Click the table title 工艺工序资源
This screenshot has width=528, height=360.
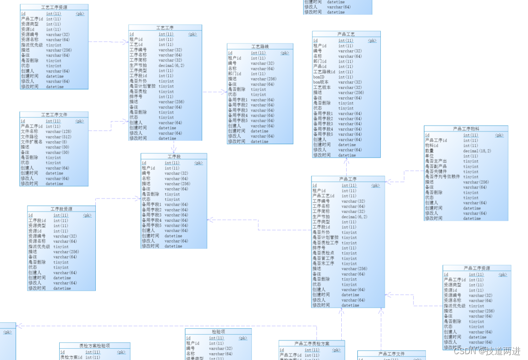pyautogui.click(x=54, y=8)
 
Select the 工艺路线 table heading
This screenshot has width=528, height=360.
pyautogui.click(x=260, y=47)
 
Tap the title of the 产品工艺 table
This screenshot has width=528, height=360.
pyautogui.click(x=346, y=35)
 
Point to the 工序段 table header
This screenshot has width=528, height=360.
pyautogui.click(x=174, y=157)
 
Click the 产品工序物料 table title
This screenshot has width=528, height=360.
pyautogui.click(x=466, y=129)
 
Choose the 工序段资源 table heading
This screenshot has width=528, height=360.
pyautogui.click(x=61, y=209)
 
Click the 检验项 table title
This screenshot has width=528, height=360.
pyautogui.click(x=218, y=332)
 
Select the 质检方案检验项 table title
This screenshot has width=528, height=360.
pyautogui.click(x=95, y=346)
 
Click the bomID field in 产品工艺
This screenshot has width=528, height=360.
pyautogui.click(x=319, y=77)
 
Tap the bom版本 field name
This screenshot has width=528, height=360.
pyautogui.click(x=322, y=83)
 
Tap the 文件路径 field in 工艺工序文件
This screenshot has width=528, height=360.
pyautogui.click(x=29, y=137)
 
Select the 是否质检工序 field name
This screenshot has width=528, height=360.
pyautogui.click(x=326, y=243)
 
